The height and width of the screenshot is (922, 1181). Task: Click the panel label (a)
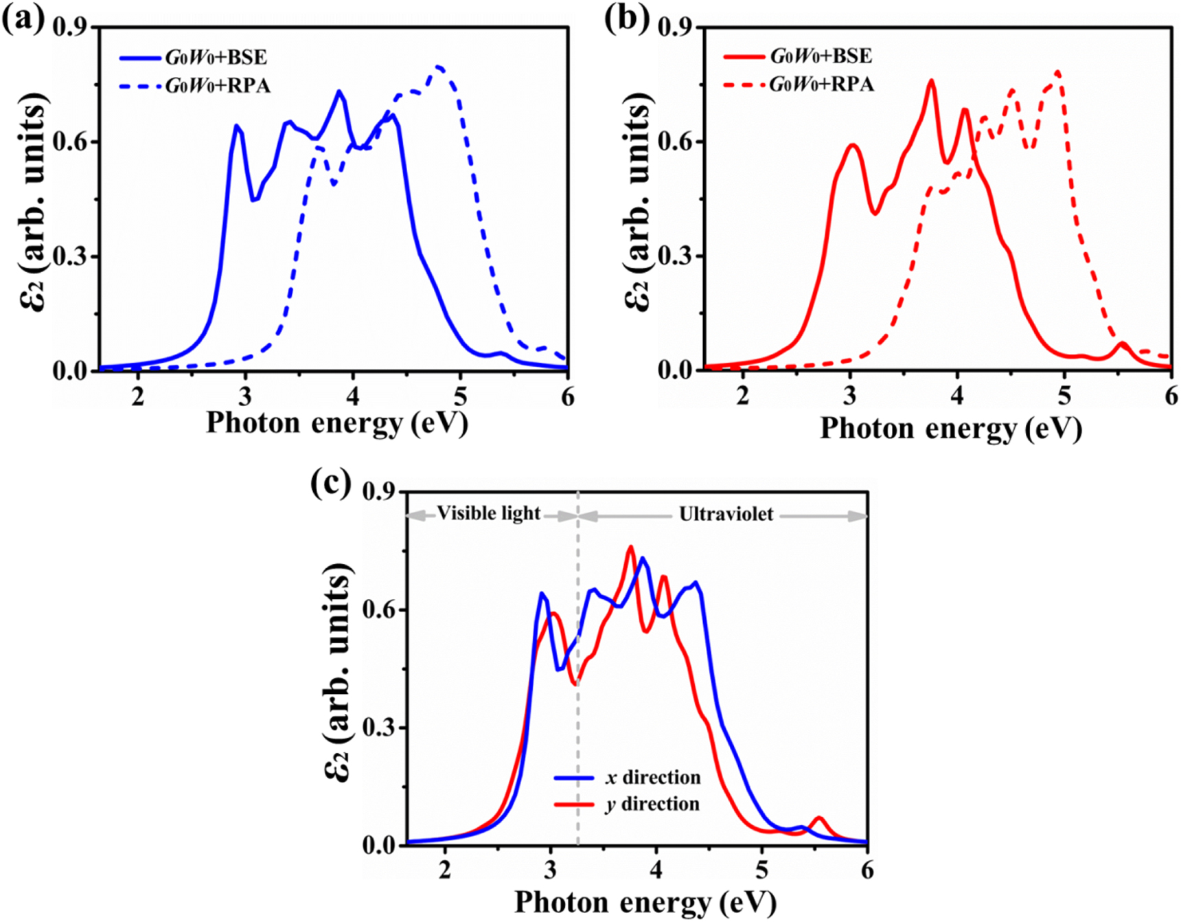click(x=22, y=19)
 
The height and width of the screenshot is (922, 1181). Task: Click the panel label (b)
click(x=626, y=19)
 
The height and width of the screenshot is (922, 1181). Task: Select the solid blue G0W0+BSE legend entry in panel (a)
click(x=216, y=57)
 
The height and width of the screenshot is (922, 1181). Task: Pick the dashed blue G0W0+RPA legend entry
click(x=218, y=86)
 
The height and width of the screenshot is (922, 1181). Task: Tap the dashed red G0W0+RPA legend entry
click(x=822, y=85)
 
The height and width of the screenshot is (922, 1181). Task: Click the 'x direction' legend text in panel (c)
click(x=653, y=777)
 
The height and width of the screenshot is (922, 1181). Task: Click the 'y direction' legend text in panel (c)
click(x=652, y=804)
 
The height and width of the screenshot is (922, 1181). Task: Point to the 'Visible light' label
click(x=489, y=513)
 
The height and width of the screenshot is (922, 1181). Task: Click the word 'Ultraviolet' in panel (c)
click(x=726, y=514)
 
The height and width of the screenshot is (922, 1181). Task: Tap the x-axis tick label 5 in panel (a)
click(x=460, y=396)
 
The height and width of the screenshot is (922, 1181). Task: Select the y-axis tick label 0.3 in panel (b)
click(x=675, y=256)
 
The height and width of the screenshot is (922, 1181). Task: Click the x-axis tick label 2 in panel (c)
click(x=445, y=870)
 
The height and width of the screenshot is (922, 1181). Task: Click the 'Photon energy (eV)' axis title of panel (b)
click(x=951, y=429)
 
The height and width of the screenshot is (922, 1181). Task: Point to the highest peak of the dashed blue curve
click(x=439, y=67)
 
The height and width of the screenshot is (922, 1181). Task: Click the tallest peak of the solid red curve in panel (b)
click(x=932, y=80)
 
